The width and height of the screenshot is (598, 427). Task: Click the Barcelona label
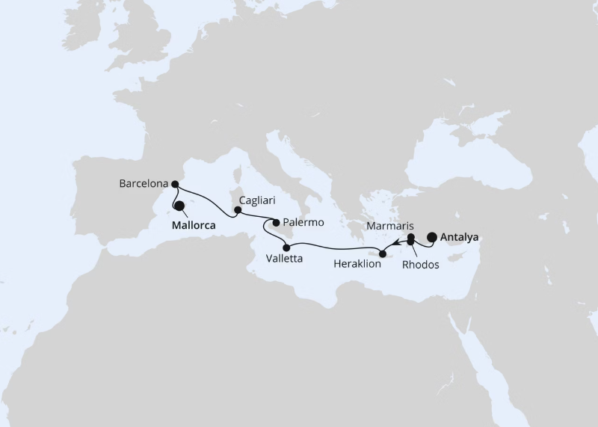(143, 182)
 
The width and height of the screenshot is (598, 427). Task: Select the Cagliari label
(256, 201)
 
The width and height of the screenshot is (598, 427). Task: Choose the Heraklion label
(363, 264)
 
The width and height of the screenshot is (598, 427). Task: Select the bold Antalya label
(460, 238)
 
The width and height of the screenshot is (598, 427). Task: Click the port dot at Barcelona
(174, 183)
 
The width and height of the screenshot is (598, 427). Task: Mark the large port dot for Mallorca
(179, 206)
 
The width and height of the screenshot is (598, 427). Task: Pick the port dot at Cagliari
(238, 210)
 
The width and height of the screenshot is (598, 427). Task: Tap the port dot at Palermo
(277, 222)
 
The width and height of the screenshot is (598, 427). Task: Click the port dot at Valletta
(286, 247)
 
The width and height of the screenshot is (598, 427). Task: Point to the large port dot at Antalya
(432, 238)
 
